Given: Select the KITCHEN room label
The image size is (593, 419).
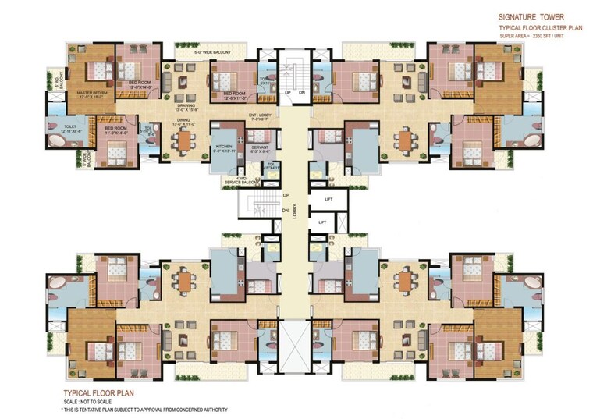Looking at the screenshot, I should click(x=225, y=148).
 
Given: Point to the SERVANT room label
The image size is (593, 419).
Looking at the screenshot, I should click(x=260, y=148).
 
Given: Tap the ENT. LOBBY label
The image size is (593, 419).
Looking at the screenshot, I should click(x=261, y=115).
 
